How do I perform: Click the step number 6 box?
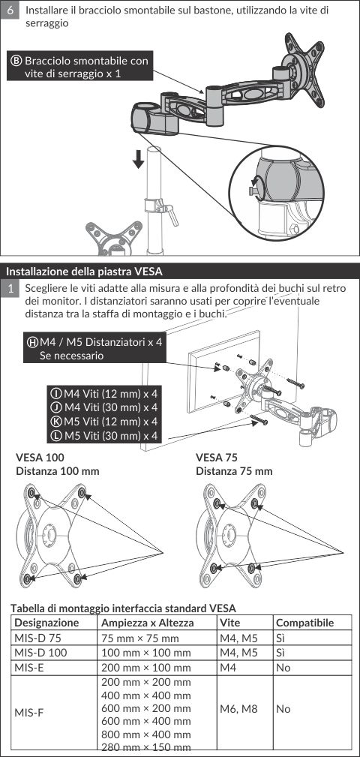[x=10, y=10]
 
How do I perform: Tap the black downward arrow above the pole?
[x=139, y=159]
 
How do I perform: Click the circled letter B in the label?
[x=16, y=62]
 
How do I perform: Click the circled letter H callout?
[x=33, y=342]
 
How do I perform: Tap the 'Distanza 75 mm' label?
[x=234, y=471]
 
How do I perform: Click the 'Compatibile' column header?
[x=304, y=622]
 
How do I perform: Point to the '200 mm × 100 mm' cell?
[x=146, y=668]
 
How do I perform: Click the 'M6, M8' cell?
[x=238, y=709]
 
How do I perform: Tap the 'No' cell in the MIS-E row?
[x=283, y=668]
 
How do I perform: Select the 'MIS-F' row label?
[x=28, y=713]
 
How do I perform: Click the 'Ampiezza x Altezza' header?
[x=148, y=622]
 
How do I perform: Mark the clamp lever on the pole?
[x=169, y=213]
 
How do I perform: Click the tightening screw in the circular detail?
[x=253, y=189]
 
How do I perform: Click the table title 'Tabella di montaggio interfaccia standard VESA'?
[x=124, y=608]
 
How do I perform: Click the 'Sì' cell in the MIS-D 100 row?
[x=280, y=653]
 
